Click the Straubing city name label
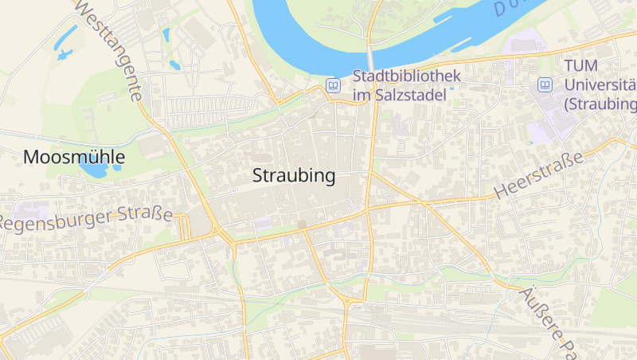[294, 177]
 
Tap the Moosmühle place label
[74, 157]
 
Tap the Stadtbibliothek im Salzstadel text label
[406, 85]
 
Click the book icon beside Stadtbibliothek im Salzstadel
[333, 85]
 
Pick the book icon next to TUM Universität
[545, 84]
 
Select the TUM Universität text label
[599, 84]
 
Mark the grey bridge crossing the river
[371, 58]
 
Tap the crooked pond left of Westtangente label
[63, 54]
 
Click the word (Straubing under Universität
[600, 104]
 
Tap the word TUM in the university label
[580, 66]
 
